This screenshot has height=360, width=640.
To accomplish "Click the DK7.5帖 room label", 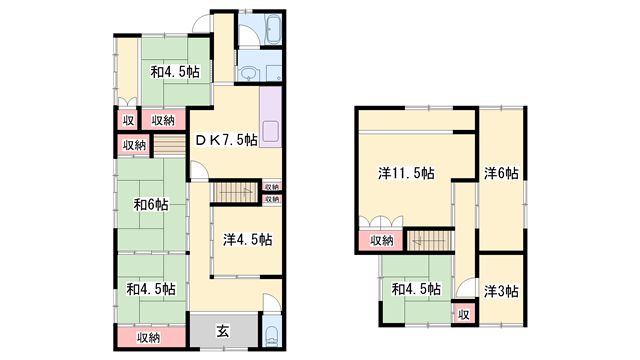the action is point(226,140).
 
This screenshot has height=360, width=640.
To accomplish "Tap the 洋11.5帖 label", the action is point(406,173).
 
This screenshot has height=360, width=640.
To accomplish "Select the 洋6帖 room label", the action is point(501,173).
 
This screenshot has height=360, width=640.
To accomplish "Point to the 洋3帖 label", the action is point(501,291).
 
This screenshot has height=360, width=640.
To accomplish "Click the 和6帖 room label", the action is point(151,204).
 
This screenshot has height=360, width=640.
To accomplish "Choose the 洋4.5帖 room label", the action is point(247,240).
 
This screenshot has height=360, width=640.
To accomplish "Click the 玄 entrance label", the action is point(222,331).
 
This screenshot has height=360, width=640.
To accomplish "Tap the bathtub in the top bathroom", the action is point(273,29).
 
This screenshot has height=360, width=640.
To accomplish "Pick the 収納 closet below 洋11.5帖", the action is point(381,241).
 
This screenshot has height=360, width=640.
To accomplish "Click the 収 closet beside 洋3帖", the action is point(464,314).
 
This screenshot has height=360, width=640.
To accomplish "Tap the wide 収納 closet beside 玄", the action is point(149,338).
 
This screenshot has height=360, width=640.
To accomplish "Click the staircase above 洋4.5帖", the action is point(236,192).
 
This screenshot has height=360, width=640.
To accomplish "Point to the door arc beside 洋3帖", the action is point(467,287).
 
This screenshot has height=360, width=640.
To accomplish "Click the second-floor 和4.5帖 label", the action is point(416,289).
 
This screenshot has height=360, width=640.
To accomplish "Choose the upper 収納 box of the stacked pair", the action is point(272,187).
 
